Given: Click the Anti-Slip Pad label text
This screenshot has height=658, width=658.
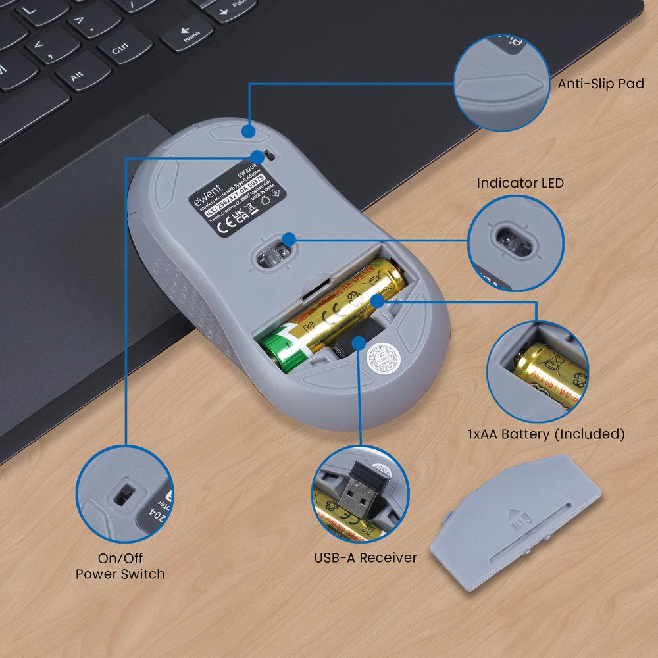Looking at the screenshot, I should pyautogui.click(x=601, y=84).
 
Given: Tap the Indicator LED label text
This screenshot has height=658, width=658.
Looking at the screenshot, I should pyautogui.click(x=520, y=183).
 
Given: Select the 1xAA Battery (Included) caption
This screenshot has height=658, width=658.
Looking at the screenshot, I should pyautogui.click(x=545, y=434).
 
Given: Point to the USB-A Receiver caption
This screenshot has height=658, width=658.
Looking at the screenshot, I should pyautogui.click(x=365, y=558).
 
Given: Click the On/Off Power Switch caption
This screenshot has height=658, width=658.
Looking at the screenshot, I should pyautogui.click(x=120, y=566).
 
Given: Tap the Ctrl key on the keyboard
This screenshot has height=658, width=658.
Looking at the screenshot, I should pyautogui.click(x=120, y=49).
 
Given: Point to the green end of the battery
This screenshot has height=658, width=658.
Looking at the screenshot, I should pyautogui.click(x=280, y=349).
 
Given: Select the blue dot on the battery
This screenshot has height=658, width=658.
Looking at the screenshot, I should pyautogui.click(x=378, y=300).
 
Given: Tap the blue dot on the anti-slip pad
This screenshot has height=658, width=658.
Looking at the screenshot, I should pyautogui.click(x=248, y=131).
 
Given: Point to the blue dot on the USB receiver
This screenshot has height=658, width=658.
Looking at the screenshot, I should pyautogui.click(x=359, y=341).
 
